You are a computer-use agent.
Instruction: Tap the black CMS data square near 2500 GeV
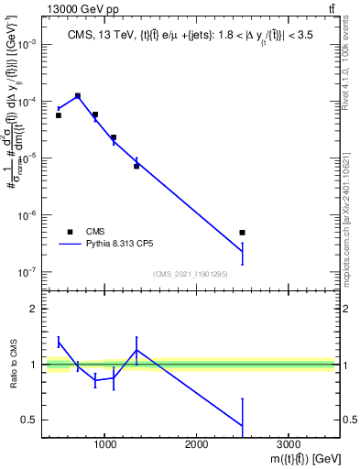click(x=242, y=233)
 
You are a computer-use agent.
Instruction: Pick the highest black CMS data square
click(x=78, y=95)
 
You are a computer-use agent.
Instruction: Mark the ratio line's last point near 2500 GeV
click(x=242, y=425)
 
